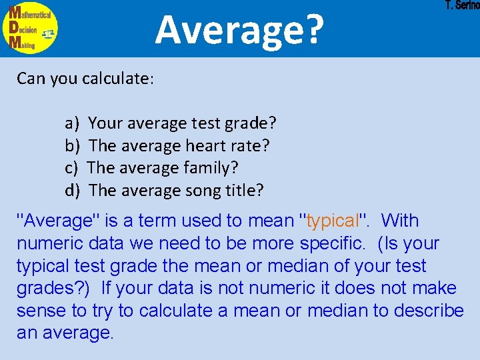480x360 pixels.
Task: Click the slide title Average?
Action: point(239,29)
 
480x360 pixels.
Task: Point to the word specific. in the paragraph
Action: point(333,243)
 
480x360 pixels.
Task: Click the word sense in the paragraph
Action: point(39,311)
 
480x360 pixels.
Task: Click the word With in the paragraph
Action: point(400,221)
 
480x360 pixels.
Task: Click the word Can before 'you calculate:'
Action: point(31,78)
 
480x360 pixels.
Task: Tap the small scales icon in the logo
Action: point(49,33)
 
